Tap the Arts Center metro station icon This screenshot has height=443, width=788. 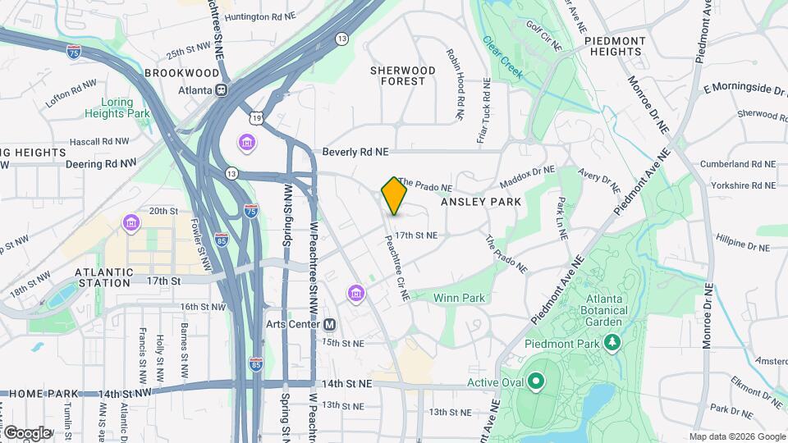pyautogui.click(x=329, y=324)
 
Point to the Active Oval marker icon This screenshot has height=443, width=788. pyautogui.click(x=536, y=381)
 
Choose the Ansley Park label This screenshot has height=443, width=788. pyautogui.click(x=481, y=201)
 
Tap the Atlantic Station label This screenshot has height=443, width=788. pyautogui.click(x=103, y=277)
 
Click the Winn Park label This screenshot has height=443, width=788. pyautogui.click(x=454, y=297)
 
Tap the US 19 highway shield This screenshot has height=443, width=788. pyautogui.click(x=258, y=119)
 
